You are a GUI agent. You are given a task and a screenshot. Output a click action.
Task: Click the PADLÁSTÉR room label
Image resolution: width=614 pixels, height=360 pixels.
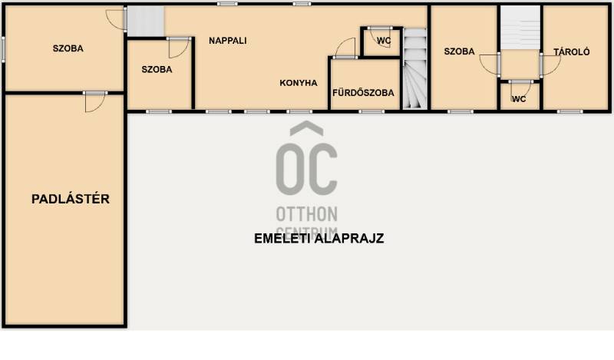coord(71,199)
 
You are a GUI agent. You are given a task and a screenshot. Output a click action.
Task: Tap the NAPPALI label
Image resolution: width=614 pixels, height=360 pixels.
coord(227,41)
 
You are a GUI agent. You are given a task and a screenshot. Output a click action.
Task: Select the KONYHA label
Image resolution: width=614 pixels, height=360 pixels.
coord(299,83)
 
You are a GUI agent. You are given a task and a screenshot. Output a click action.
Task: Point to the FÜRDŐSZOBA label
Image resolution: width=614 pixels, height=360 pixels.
coord(363,92)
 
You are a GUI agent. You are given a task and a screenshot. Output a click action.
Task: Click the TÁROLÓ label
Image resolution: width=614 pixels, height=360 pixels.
coord(571,51)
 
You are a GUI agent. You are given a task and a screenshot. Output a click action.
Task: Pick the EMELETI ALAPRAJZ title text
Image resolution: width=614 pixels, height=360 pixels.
coord(319,238)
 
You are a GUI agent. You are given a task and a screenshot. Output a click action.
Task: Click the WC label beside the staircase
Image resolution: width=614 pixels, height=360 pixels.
coord(384,41)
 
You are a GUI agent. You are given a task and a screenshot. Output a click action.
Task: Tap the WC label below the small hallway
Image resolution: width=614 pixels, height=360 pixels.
coord(519,99)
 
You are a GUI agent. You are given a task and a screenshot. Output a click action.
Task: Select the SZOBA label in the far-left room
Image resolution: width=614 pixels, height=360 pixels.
coord(68,48)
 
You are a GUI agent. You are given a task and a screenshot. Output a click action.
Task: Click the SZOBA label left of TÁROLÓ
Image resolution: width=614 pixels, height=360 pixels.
coord(459,51)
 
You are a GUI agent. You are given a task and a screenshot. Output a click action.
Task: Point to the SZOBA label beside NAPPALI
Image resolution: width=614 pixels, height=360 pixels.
coord(157,69)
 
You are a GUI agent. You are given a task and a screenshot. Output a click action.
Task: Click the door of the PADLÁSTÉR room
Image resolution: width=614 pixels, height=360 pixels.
coord(94,102)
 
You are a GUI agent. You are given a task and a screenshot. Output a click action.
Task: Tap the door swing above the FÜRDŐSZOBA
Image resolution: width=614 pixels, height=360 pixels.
coord(345,48)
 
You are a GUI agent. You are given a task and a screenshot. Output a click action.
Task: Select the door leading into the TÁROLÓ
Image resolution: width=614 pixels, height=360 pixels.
coord(550,65)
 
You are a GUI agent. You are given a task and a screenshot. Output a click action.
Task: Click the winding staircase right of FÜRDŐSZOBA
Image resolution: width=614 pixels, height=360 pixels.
coord(415,68)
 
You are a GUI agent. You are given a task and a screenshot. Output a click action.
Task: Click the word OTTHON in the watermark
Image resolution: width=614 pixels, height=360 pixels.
coord(306,214)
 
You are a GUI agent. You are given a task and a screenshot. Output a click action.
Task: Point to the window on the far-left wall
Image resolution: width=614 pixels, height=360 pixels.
coord(3,49)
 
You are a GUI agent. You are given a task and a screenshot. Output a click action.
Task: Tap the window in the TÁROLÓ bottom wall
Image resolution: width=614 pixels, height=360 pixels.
coord(569,111)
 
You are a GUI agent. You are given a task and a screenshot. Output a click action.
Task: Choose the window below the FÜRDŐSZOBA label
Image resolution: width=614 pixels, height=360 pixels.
coord(371,111)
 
